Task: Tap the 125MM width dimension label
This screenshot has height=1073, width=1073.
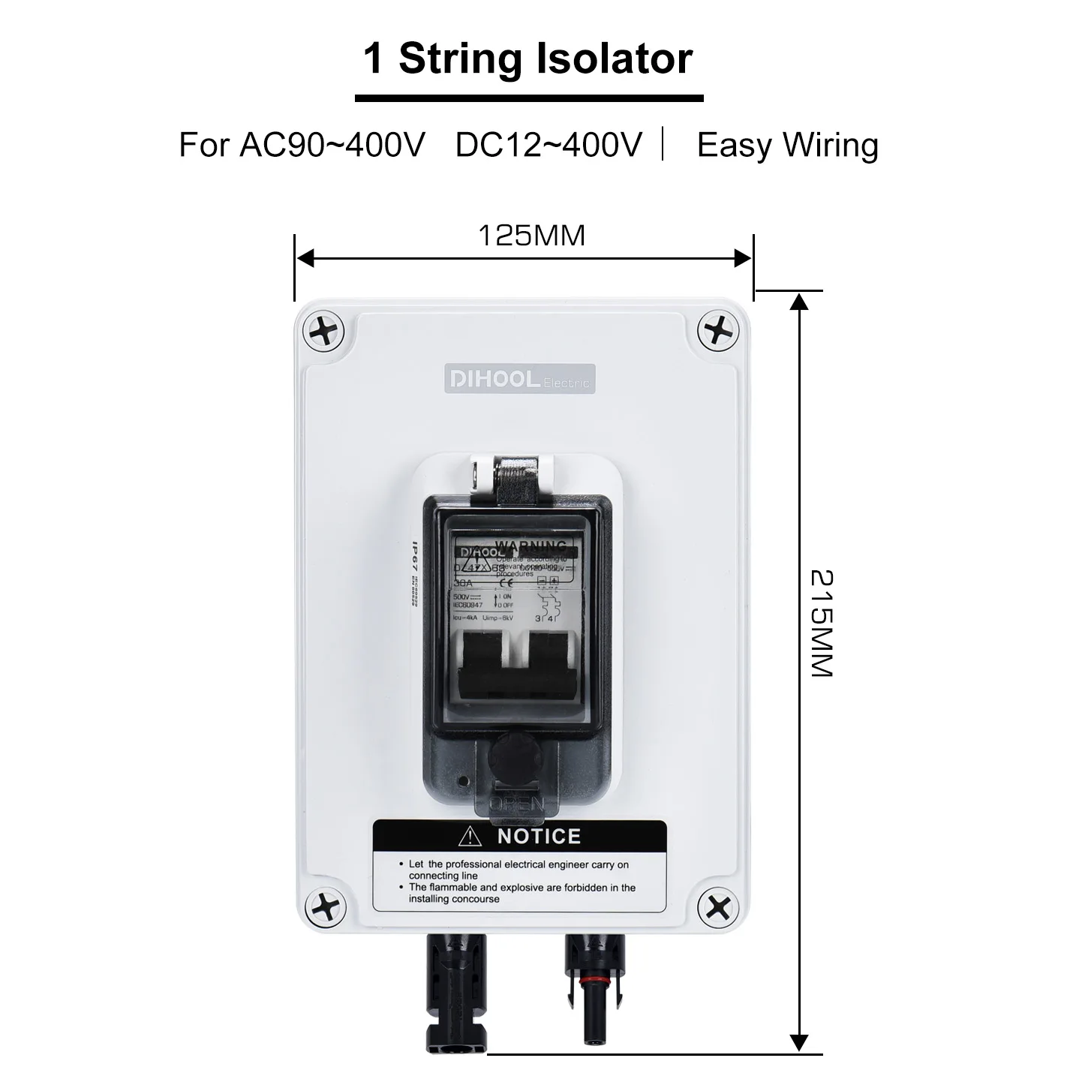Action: pos(531,236)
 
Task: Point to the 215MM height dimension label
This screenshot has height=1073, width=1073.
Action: pos(822,624)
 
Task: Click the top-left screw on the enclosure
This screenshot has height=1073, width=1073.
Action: pos(323,331)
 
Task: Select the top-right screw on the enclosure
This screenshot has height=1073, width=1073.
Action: pos(718,330)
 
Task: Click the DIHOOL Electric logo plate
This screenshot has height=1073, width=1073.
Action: pos(520,379)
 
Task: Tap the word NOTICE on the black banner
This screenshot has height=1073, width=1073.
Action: pos(539,836)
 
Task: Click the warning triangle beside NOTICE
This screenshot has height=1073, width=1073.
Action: pos(470,836)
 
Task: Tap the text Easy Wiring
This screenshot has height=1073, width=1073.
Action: pos(787,145)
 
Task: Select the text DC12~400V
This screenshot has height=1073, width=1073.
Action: pos(549,145)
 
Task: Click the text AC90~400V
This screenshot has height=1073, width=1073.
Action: pos(332,145)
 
